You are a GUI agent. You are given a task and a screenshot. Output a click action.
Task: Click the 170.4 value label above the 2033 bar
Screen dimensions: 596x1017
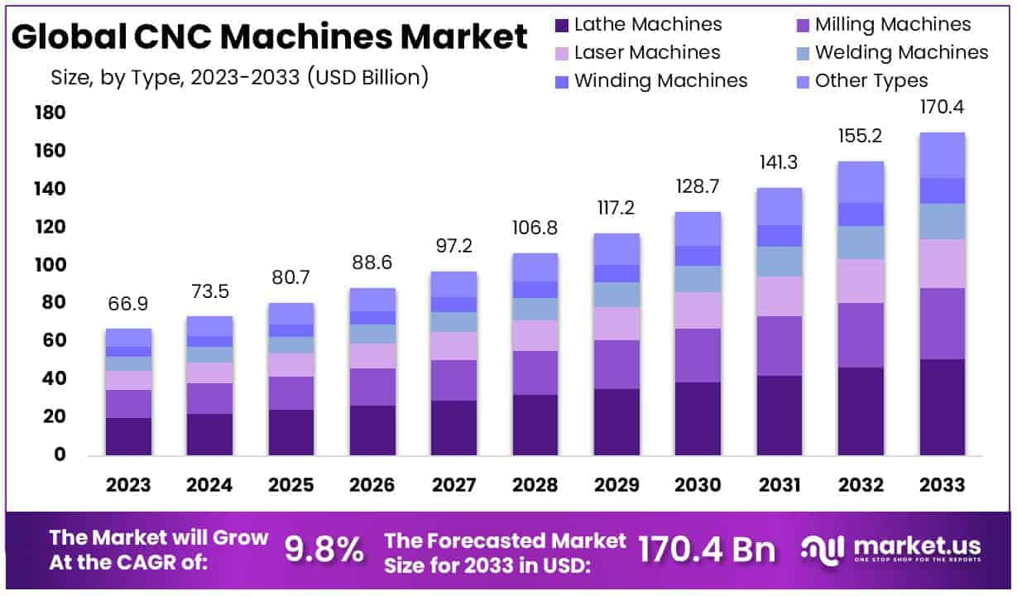click(942, 108)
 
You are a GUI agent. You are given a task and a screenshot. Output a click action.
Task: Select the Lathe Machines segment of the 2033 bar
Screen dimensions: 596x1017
click(942, 406)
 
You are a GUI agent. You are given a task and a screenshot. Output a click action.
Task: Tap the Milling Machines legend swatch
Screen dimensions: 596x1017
click(802, 26)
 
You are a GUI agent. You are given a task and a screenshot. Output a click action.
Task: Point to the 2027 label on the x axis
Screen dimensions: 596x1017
click(453, 484)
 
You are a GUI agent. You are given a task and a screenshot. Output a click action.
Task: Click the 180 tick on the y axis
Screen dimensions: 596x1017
click(49, 113)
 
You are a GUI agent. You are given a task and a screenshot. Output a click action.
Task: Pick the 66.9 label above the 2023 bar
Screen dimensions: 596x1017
click(128, 304)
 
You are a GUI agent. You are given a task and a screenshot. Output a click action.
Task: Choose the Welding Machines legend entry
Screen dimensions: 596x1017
click(901, 53)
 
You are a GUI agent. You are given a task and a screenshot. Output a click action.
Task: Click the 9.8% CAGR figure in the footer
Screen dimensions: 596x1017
click(324, 548)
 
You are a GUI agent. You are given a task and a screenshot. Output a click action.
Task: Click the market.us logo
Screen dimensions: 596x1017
click(891, 548)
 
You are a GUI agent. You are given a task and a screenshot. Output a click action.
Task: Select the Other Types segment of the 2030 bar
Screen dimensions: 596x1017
click(698, 228)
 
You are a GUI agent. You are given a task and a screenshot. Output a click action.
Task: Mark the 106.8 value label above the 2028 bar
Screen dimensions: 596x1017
click(535, 228)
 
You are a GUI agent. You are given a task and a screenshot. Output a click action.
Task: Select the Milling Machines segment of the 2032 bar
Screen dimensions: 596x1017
click(861, 335)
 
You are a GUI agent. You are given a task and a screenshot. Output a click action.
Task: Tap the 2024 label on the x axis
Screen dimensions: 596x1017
click(209, 484)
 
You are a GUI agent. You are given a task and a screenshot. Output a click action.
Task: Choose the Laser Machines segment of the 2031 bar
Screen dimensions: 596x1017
click(779, 296)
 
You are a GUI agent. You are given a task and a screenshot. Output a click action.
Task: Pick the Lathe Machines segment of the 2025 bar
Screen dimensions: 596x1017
click(290, 432)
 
